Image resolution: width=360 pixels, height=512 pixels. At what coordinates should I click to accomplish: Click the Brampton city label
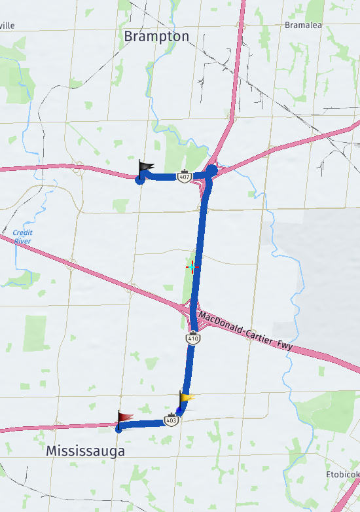click(x=156, y=37)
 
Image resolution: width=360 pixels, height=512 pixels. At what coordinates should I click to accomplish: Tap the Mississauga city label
click(x=85, y=451)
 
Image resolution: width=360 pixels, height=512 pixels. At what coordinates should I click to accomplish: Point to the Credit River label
click(x=22, y=237)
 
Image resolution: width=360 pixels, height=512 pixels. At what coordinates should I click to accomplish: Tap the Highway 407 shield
click(x=187, y=177)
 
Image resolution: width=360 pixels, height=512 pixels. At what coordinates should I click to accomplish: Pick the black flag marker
click(x=145, y=168)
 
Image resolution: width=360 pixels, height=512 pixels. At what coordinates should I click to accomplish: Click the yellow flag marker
click(x=187, y=397)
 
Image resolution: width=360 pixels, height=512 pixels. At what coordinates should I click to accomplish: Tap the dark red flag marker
click(x=124, y=417)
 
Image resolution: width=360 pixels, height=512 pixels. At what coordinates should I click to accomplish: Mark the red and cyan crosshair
click(x=192, y=266)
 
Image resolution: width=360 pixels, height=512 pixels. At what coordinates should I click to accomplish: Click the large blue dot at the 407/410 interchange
click(x=211, y=171)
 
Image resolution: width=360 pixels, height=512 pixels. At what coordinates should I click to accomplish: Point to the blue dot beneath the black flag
click(x=139, y=180)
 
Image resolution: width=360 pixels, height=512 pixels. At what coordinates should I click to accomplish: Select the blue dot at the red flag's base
click(x=118, y=430)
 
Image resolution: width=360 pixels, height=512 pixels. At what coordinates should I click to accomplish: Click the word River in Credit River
click(x=23, y=242)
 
